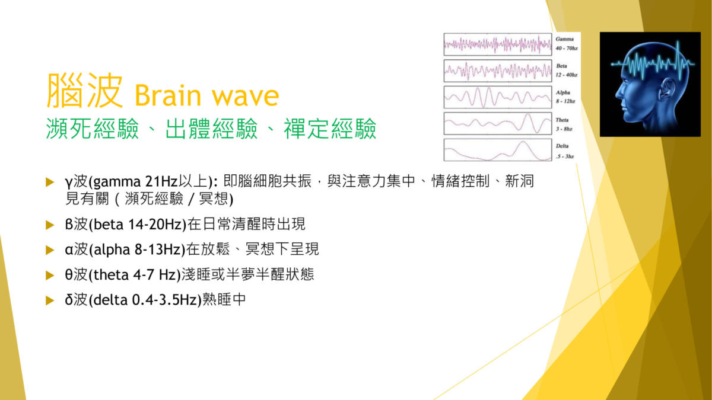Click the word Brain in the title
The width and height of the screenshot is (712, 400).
pyautogui.click(x=168, y=95)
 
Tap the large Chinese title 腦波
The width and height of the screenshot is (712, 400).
pyautogui.click(x=84, y=91)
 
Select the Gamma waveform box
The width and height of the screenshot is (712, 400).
pyautogui.click(x=498, y=44)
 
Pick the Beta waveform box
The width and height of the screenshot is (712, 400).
pyautogui.click(x=498, y=71)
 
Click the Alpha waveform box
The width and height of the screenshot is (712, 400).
pyautogui.click(x=498, y=97)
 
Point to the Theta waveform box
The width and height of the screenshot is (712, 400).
pyautogui.click(x=498, y=123)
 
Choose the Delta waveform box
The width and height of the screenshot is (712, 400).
pyautogui.click(x=498, y=150)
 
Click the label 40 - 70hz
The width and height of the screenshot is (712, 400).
pyautogui.click(x=567, y=48)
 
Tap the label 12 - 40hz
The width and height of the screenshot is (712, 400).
pyautogui.click(x=567, y=75)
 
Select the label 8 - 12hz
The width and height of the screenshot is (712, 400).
pyautogui.click(x=565, y=101)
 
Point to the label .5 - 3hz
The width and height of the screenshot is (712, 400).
pyautogui.click(x=565, y=156)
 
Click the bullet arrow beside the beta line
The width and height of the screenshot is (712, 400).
pyautogui.click(x=50, y=225)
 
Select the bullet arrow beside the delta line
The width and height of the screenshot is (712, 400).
pyautogui.click(x=50, y=300)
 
